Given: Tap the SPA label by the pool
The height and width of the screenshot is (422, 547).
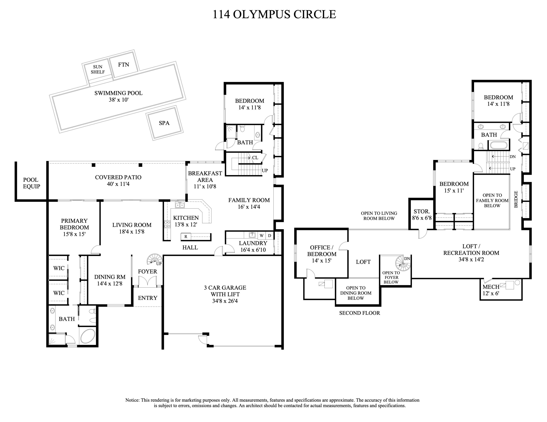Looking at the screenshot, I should click(164, 123).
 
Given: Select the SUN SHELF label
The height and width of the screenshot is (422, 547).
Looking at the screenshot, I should click(98, 69).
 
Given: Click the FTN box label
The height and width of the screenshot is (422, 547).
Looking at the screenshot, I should click(123, 64).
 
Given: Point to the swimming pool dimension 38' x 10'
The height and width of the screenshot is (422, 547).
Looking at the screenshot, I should click(119, 100).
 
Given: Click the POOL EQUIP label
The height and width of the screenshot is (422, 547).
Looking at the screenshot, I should click(31, 183).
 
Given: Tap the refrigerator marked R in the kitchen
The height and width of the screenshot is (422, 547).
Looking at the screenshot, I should click(186, 236).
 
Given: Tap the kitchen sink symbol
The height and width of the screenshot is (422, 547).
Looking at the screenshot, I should click(180, 205).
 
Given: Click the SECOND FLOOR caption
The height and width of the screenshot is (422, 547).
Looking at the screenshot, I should click(359, 313).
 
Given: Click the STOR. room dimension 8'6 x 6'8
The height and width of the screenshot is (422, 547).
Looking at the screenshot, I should click(422, 218).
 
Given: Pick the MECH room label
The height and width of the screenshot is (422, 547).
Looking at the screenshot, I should click(491, 287).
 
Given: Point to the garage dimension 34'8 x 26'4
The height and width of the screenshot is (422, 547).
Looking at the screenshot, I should click(225, 301).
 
